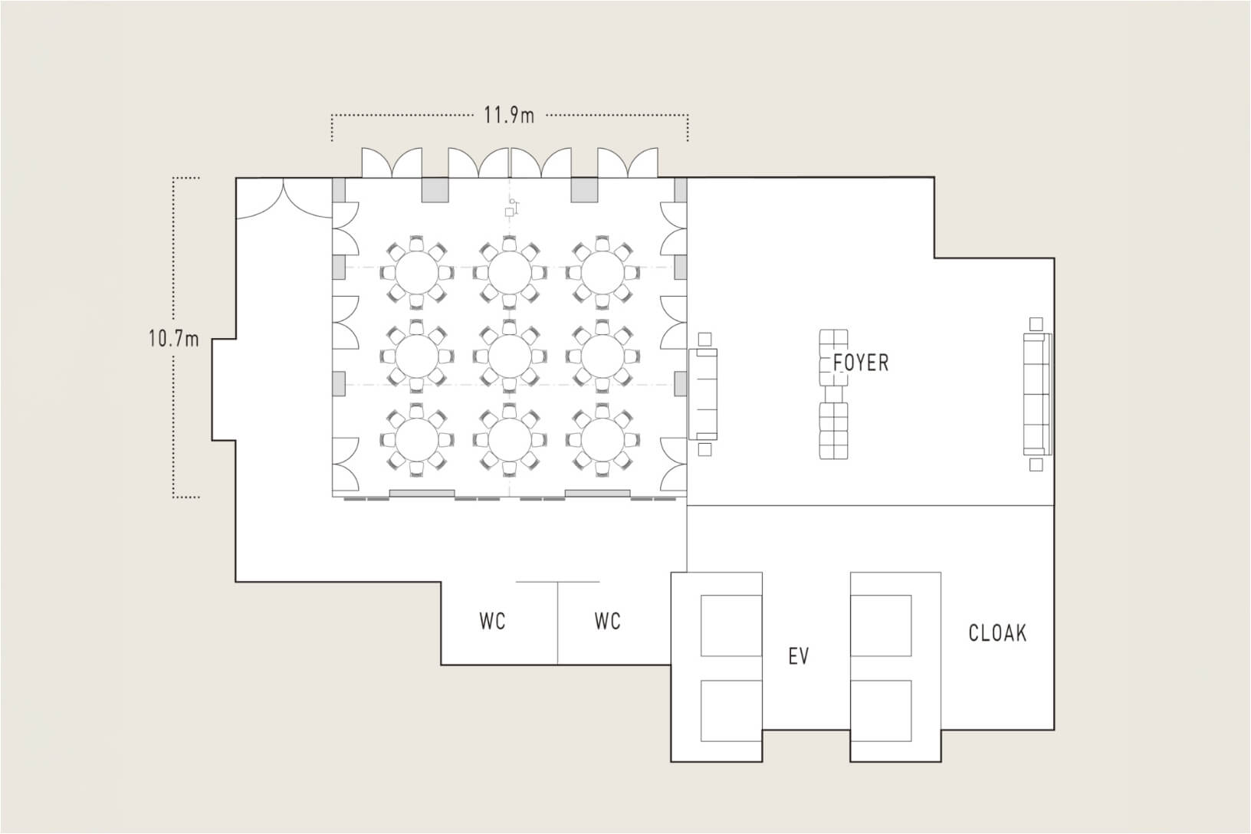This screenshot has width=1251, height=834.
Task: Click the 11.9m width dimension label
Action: click(509, 116)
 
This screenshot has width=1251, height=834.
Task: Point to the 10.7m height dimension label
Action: click(174, 339)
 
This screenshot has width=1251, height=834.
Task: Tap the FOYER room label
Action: click(861, 363)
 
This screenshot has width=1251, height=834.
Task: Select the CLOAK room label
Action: click(997, 633)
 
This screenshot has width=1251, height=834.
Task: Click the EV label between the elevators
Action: click(799, 656)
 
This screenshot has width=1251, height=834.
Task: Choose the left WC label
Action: click(493, 621)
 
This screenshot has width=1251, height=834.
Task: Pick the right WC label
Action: click(608, 621)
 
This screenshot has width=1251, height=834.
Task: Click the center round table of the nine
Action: click(509, 356)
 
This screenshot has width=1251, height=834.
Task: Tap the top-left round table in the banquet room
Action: click(417, 273)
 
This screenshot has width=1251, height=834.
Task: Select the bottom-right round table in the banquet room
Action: click(602, 440)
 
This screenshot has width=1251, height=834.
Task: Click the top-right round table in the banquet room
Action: click(602, 273)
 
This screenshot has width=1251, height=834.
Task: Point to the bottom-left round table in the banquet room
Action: click(417, 440)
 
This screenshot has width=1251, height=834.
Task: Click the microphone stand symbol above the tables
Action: click(512, 207)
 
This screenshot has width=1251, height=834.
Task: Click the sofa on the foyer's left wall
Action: click(703, 394)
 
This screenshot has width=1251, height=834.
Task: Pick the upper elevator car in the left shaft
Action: click(731, 625)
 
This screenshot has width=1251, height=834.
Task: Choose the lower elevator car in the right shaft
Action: click(881, 711)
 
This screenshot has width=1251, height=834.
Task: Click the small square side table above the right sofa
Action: click(1036, 324)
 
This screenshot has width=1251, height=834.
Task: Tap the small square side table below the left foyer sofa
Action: click(704, 449)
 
